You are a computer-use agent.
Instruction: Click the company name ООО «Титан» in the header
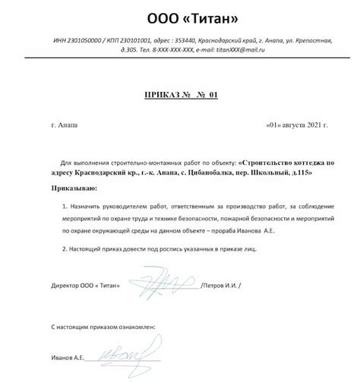(181, 17)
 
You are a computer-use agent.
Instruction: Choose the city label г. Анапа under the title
(64, 124)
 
